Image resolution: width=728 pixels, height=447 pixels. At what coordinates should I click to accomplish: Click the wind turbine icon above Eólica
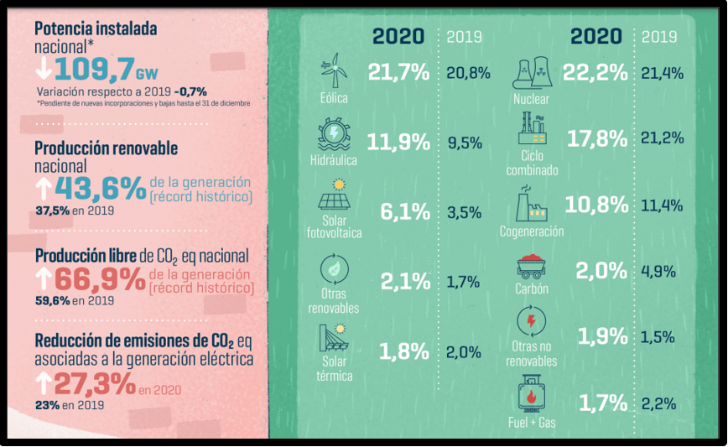[335, 70]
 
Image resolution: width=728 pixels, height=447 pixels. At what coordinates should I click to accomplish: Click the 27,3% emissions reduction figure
[95, 384]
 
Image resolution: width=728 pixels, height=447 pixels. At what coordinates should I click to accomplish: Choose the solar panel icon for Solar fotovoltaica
[334, 199]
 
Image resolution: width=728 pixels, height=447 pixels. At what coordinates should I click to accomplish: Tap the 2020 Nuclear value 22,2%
[595, 73]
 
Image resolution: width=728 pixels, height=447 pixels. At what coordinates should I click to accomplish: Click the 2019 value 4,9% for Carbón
[658, 271]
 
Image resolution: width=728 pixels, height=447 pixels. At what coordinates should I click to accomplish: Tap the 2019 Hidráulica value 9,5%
[464, 143]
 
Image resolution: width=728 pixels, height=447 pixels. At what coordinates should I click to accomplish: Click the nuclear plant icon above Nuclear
[532, 73]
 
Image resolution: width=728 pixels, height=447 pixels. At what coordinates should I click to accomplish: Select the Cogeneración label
[532, 231]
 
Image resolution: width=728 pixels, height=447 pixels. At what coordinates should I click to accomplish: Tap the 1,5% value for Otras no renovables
[658, 337]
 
